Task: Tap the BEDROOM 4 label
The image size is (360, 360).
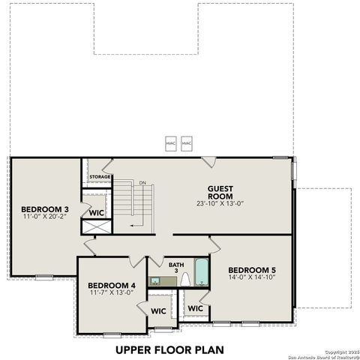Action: [x=111, y=285]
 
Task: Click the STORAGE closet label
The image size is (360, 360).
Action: [x=100, y=177]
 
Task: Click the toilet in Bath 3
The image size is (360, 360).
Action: [x=184, y=280]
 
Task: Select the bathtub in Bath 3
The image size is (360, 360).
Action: [x=201, y=273]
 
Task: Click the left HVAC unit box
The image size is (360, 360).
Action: [x=171, y=142]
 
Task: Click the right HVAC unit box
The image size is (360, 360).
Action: [x=187, y=142]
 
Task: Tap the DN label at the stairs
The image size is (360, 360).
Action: [x=142, y=182]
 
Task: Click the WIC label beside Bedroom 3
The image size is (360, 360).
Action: [x=96, y=212]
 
